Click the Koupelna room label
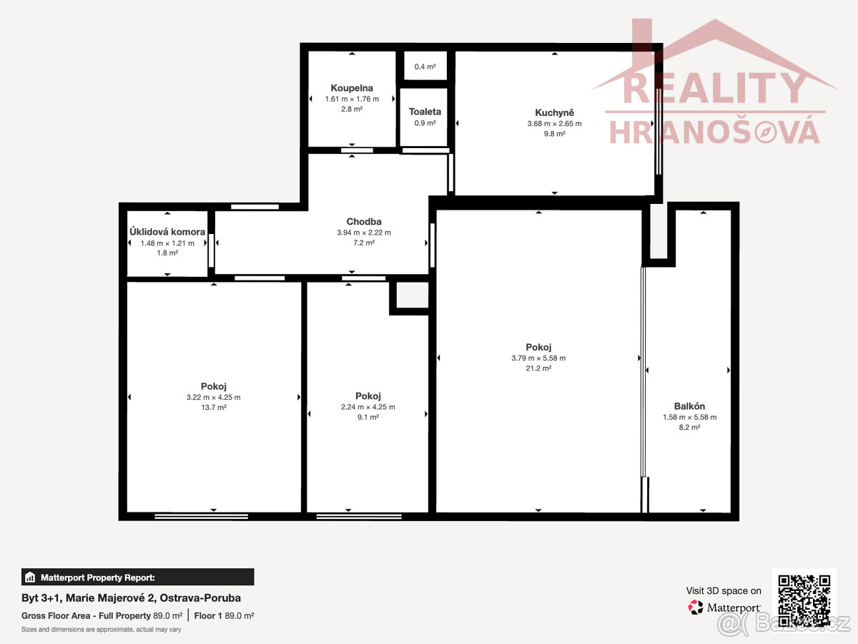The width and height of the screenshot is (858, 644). click(x=352, y=88)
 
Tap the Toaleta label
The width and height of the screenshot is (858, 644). click(x=425, y=112)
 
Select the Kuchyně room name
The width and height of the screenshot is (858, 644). click(x=554, y=112)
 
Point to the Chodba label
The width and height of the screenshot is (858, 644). click(x=364, y=221)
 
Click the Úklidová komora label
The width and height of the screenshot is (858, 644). click(x=167, y=231)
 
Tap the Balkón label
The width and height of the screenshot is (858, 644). click(x=689, y=406)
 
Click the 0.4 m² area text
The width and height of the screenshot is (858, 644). click(x=425, y=67)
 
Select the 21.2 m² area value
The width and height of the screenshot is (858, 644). click(x=538, y=368)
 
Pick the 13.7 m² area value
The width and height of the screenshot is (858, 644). click(x=213, y=407)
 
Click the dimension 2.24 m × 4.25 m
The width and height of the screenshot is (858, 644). click(x=368, y=406)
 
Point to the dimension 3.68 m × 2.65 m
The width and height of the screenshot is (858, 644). click(x=554, y=124)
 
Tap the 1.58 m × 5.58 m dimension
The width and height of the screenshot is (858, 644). click(x=689, y=417)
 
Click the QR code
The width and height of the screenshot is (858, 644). click(x=804, y=600)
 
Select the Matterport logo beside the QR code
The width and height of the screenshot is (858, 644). click(x=724, y=608)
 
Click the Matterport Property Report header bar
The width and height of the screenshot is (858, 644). click(x=137, y=577)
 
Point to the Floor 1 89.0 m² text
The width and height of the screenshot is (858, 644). click(x=224, y=615)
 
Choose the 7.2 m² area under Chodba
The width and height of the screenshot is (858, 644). click(x=364, y=243)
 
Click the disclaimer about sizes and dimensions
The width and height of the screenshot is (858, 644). click(x=102, y=629)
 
